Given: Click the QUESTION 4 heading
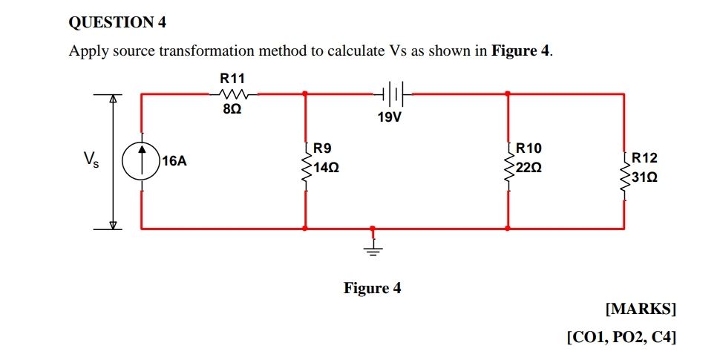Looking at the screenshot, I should (117, 23).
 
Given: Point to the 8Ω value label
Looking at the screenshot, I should (232, 109).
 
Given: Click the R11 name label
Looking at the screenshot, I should (232, 77).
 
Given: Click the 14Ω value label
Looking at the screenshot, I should (327, 168).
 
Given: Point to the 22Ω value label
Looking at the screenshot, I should (529, 168).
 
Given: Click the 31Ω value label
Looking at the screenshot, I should (645, 178).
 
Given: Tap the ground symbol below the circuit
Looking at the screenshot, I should (373, 247).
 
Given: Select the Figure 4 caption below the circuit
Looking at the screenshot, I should (372, 287).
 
